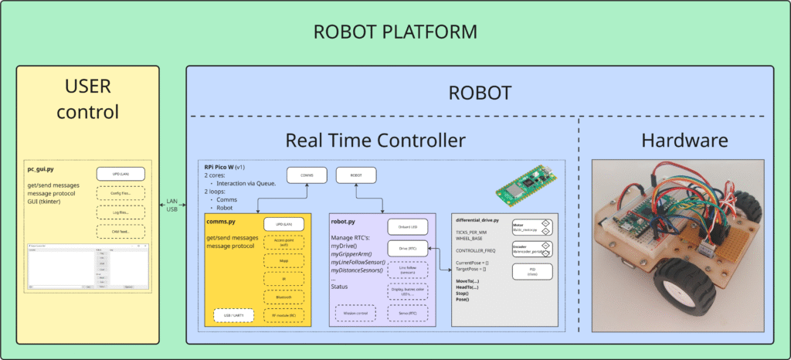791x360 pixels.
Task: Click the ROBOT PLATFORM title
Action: [395, 32]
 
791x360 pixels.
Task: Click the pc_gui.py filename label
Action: [40, 167]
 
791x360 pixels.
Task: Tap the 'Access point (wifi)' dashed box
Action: [282, 242]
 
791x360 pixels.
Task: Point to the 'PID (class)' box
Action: [532, 271]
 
